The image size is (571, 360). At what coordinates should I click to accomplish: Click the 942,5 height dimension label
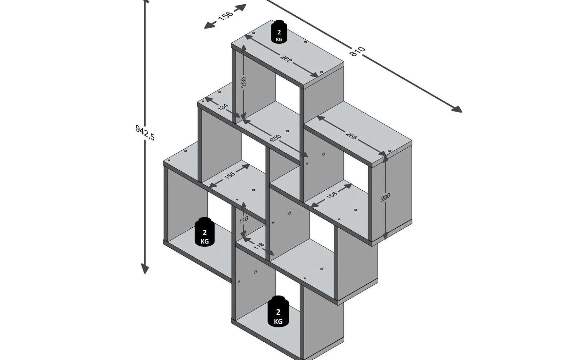[x=145, y=132]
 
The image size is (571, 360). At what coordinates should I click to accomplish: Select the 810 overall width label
[x=357, y=51]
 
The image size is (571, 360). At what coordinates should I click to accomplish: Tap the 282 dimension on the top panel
[x=286, y=58]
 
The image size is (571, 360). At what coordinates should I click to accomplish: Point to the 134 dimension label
[x=223, y=107]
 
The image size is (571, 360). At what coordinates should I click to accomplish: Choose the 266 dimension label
[x=351, y=136]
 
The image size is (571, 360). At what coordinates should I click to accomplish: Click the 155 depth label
[x=230, y=175]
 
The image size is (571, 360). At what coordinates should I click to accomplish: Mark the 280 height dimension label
[x=386, y=197]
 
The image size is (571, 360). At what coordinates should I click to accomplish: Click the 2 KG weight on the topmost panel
[x=279, y=32]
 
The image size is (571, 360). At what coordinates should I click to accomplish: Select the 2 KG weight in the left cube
[x=204, y=232]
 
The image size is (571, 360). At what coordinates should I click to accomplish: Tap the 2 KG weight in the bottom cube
[x=278, y=312]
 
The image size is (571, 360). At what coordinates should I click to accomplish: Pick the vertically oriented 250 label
[x=243, y=82]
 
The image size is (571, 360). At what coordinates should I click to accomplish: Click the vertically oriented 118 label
[x=243, y=220]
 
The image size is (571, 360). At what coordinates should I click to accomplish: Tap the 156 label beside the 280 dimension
[x=331, y=195]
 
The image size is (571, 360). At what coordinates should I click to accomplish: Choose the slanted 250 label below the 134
[x=276, y=138]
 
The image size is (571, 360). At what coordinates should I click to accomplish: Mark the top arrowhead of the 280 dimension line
[x=385, y=159]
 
